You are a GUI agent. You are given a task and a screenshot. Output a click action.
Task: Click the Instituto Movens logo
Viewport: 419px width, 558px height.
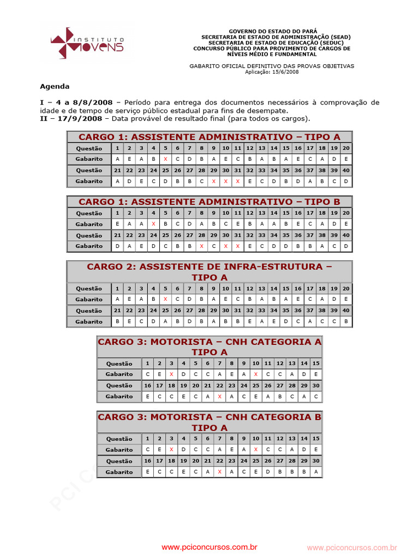[87, 43]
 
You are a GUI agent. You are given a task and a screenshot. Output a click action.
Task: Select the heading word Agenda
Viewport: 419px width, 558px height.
[55, 86]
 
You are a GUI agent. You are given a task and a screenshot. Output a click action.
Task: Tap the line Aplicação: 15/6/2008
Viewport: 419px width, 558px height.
[271, 72]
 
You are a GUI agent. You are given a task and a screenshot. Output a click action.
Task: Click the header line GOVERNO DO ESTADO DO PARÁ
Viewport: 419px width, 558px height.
[272, 31]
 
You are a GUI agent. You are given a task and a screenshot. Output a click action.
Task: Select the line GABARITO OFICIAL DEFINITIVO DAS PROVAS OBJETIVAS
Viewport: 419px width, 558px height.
[272, 66]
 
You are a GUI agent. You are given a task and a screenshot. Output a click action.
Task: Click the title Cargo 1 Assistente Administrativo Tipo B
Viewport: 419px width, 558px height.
[209, 202]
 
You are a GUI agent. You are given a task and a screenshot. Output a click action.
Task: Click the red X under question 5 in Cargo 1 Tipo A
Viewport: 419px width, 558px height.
[165, 159]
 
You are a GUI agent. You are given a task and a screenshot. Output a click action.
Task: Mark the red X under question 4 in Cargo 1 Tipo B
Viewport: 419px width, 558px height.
[153, 224]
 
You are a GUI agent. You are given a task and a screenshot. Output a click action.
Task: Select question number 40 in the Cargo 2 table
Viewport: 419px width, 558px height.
[346, 310]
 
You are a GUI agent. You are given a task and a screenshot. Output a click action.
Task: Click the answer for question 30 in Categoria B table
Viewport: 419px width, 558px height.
[316, 472]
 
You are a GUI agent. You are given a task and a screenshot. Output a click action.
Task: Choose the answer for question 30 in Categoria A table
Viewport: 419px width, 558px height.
[316, 397]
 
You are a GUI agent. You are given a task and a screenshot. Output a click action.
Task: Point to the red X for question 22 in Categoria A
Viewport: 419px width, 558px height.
[219, 397]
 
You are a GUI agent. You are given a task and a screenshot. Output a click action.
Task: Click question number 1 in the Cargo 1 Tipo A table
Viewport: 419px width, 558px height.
[117, 148]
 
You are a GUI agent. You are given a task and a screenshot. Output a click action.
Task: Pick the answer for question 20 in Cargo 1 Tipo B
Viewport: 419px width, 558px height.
[346, 224]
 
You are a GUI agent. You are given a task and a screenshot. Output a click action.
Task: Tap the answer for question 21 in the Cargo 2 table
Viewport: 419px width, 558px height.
[117, 322]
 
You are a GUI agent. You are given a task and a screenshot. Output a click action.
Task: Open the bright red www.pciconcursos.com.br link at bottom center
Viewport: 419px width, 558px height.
[209, 547]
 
